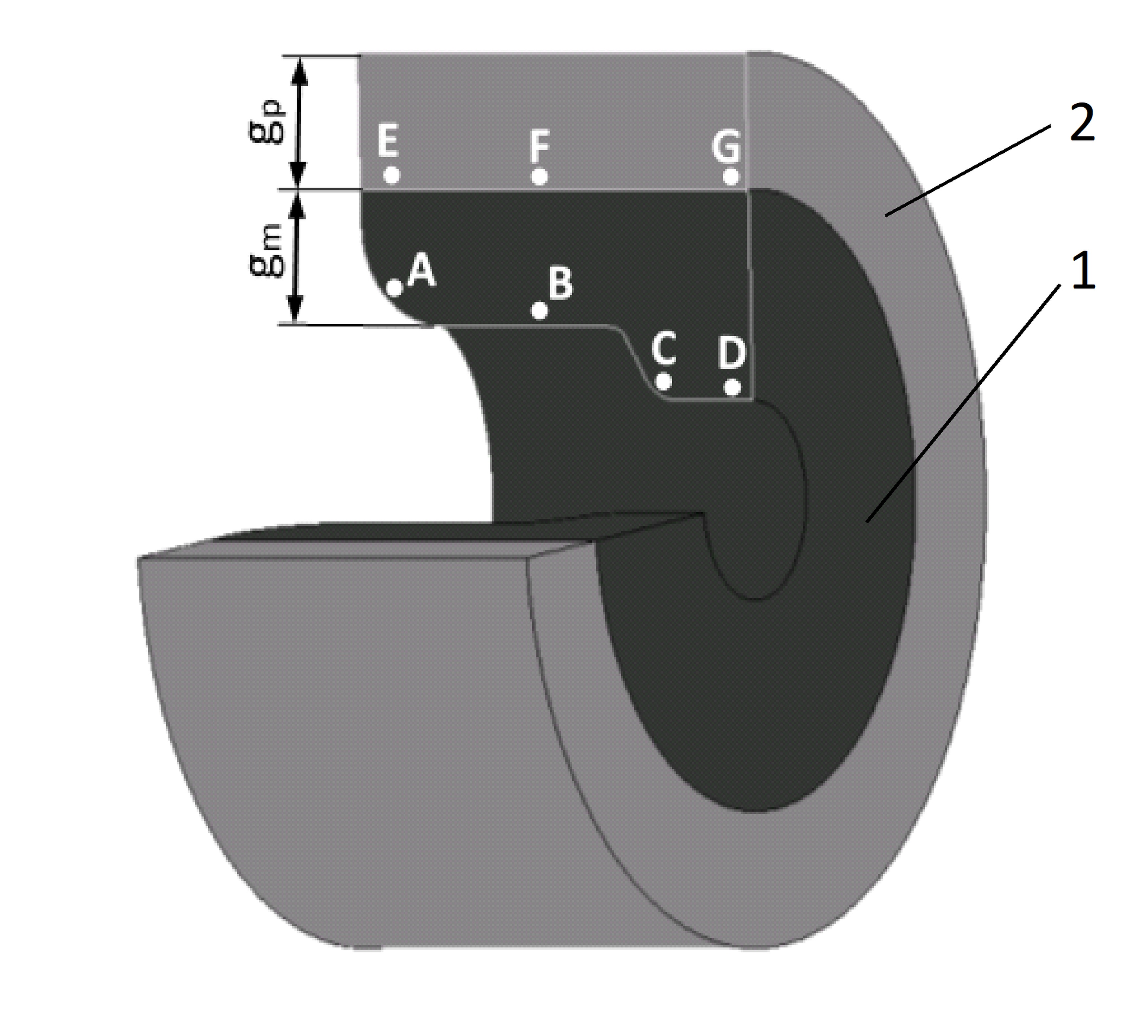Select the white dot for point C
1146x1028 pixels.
coord(664,381)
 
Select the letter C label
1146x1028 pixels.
coord(664,348)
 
